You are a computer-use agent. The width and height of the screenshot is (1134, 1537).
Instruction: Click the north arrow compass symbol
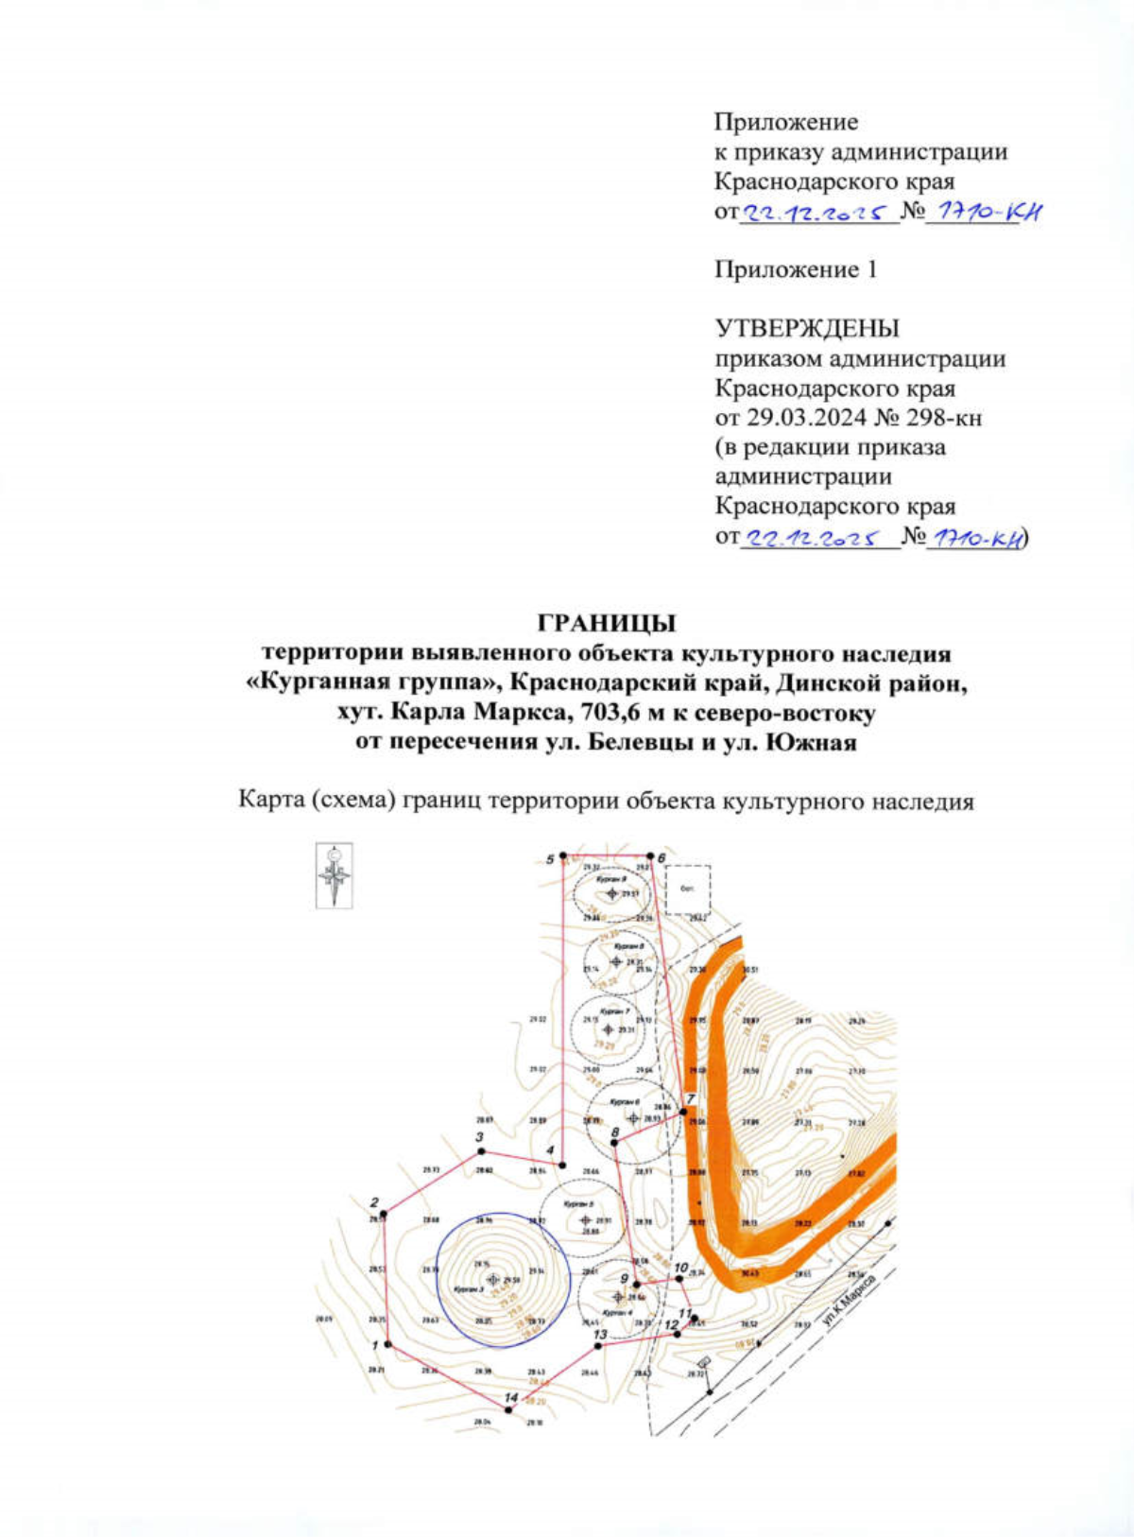point(334,875)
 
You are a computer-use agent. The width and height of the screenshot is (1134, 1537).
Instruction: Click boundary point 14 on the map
point(508,1409)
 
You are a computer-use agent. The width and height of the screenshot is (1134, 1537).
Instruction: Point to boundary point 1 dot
point(387,1344)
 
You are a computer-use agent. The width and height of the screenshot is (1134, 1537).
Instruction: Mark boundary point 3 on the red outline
point(481,1150)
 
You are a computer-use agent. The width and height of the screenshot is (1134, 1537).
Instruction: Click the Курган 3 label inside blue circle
point(469,1289)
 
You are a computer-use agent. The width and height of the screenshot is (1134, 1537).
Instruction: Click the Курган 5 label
point(577,1204)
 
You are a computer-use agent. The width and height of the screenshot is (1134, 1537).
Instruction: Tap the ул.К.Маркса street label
point(849,1301)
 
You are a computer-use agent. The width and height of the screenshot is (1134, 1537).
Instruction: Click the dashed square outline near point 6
point(688,889)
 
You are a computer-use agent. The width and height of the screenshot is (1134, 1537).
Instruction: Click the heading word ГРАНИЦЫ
point(607,624)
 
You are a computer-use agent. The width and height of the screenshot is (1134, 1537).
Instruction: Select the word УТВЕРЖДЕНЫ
point(807,329)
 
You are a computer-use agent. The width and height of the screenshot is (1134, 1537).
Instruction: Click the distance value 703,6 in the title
point(595,712)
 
